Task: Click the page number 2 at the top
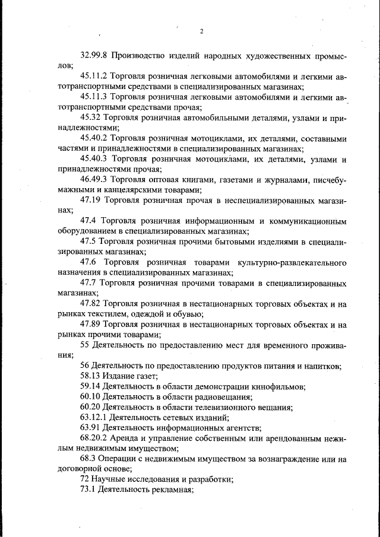(x=202, y=31)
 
